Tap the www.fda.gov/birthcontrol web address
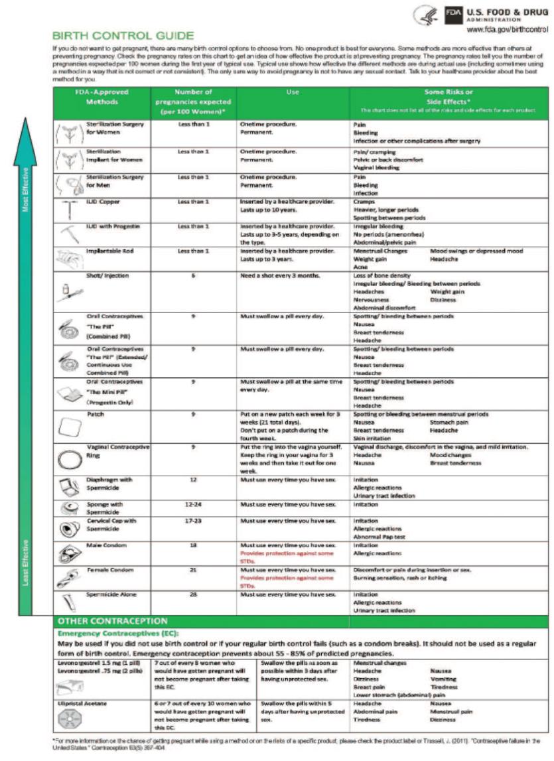pyautogui.click(x=508, y=30)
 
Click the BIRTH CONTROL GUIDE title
pyautogui.click(x=123, y=35)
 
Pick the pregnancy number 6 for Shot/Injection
pyautogui.click(x=192, y=275)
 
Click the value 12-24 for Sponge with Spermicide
pyautogui.click(x=192, y=504)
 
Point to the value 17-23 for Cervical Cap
pyautogui.click(x=192, y=521)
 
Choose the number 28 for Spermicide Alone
pyautogui.click(x=192, y=594)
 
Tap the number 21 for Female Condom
pyautogui.click(x=192, y=570)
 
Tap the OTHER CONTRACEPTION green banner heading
pyautogui.click(x=113, y=621)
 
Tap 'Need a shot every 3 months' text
pyautogui.click(x=281, y=275)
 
